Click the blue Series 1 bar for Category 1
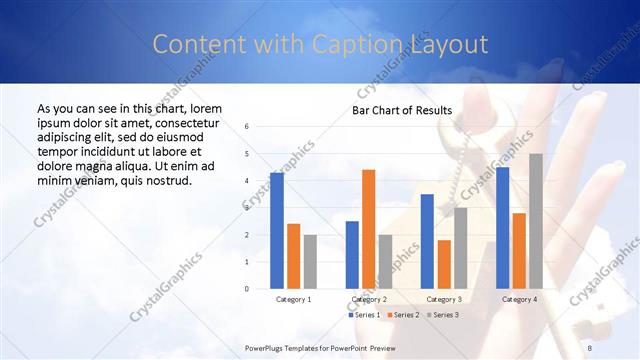click(277, 231)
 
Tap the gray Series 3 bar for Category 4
click(536, 221)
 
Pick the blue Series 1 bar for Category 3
click(427, 241)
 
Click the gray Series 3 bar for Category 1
click(310, 262)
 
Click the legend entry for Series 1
click(365, 315)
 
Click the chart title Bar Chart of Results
click(401, 110)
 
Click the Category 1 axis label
click(293, 299)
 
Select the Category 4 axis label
click(519, 299)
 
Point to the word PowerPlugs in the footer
click(266, 347)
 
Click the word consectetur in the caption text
click(180, 121)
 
